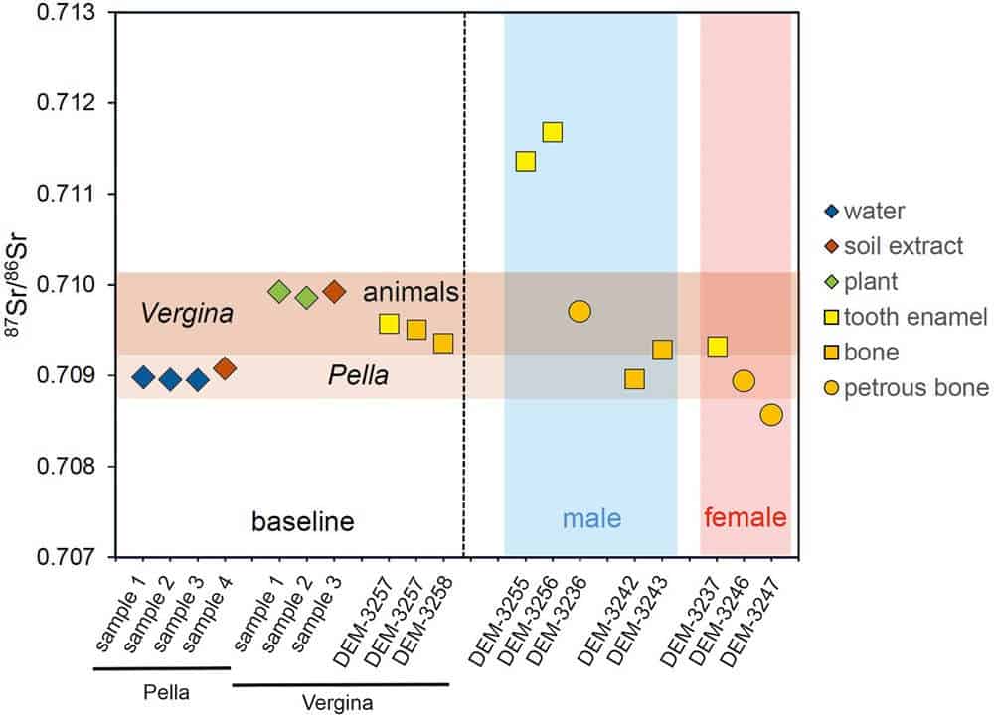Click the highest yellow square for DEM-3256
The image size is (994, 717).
(x=553, y=132)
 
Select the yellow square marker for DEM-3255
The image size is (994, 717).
(x=526, y=161)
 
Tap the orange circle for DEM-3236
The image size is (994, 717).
(x=580, y=312)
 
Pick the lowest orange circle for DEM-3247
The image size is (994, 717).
(x=771, y=415)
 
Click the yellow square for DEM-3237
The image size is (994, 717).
(x=717, y=347)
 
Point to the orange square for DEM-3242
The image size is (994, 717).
(x=634, y=379)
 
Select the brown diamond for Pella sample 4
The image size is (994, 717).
(x=225, y=369)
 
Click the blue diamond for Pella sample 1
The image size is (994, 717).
(x=143, y=377)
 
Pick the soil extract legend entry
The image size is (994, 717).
(x=905, y=245)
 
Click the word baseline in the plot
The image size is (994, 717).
(x=302, y=520)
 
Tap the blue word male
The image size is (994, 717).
(x=591, y=518)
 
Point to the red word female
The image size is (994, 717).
(x=745, y=518)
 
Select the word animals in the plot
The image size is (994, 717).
(x=410, y=293)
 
